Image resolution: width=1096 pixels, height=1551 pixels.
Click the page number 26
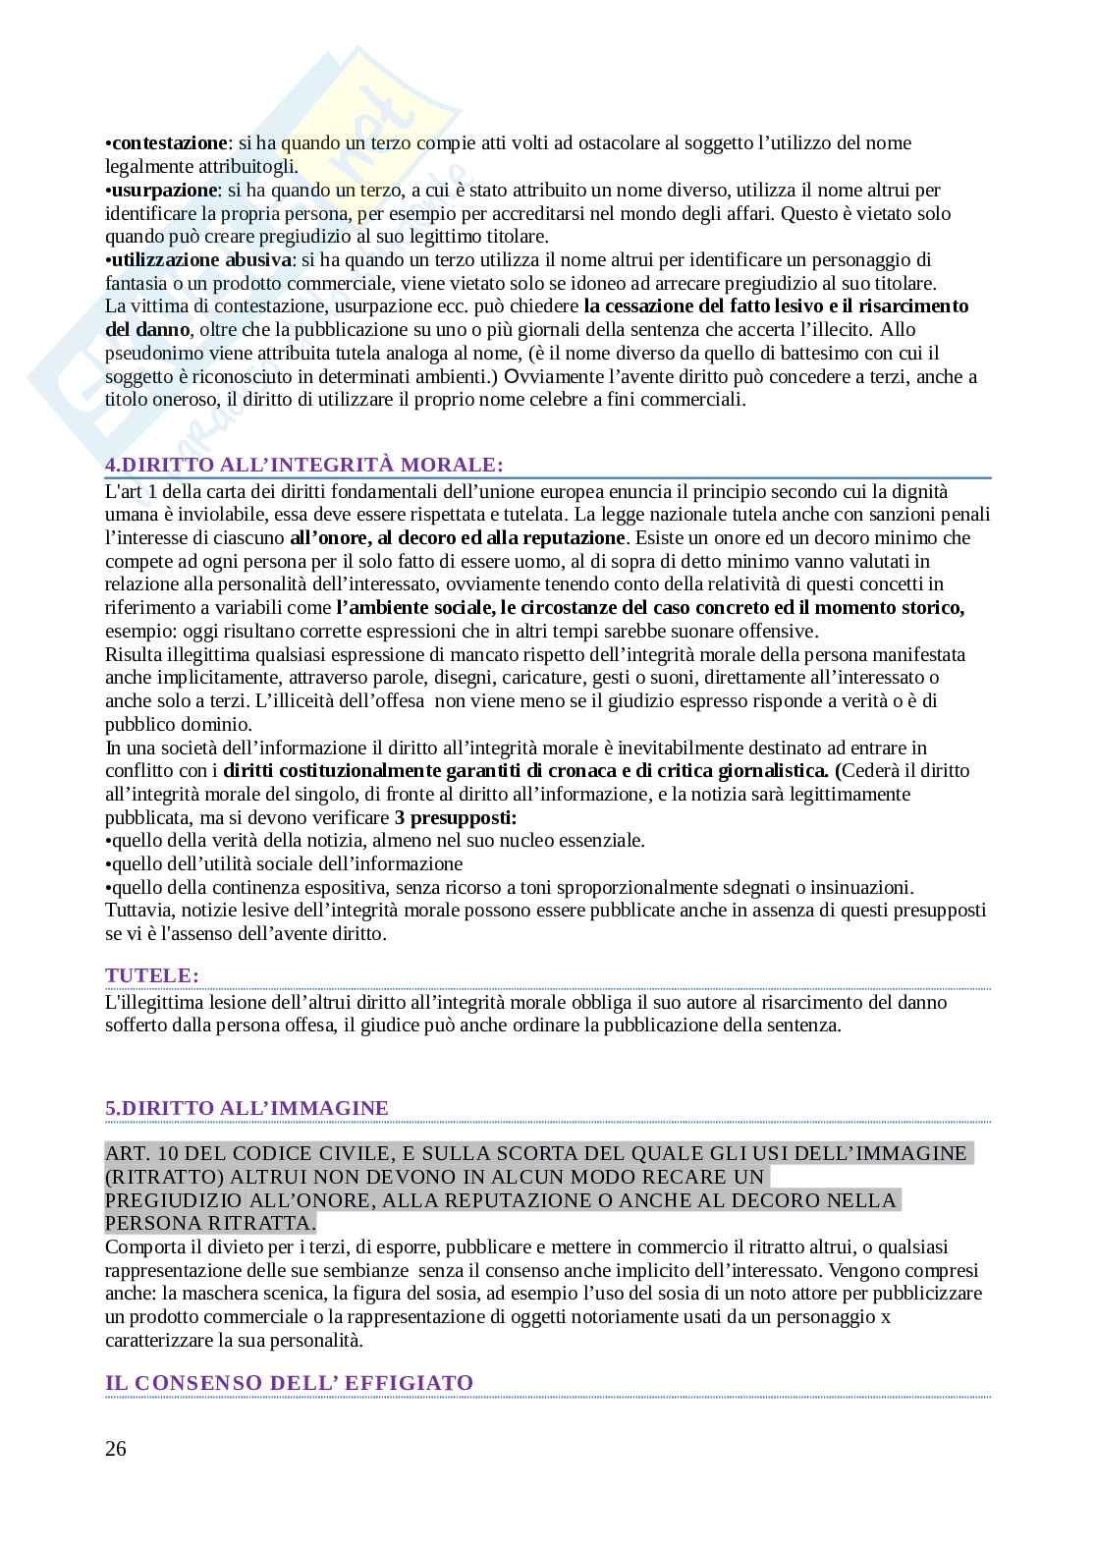pyautogui.click(x=116, y=1449)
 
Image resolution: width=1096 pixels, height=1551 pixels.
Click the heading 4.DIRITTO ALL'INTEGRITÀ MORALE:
pyautogui.click(x=304, y=465)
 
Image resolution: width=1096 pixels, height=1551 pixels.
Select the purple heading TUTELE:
pyautogui.click(x=152, y=975)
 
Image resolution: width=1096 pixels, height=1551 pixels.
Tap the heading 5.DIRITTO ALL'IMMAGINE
pyautogui.click(x=247, y=1108)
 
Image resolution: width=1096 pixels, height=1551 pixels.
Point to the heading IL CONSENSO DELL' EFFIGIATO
pyautogui.click(x=290, y=1383)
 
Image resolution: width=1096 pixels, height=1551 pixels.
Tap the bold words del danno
pyautogui.click(x=146, y=330)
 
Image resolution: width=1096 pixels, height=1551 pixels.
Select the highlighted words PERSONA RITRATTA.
pyautogui.click(x=210, y=1223)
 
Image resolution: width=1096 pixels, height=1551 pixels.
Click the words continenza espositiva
pyautogui.click(x=318, y=887)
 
